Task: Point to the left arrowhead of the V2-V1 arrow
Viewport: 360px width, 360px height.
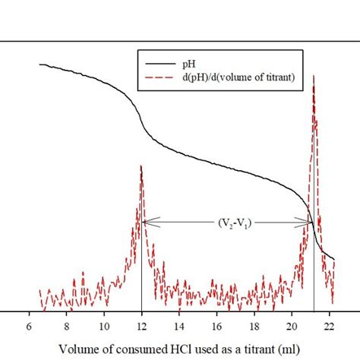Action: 145,223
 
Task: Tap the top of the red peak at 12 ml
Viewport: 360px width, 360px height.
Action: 141,166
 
